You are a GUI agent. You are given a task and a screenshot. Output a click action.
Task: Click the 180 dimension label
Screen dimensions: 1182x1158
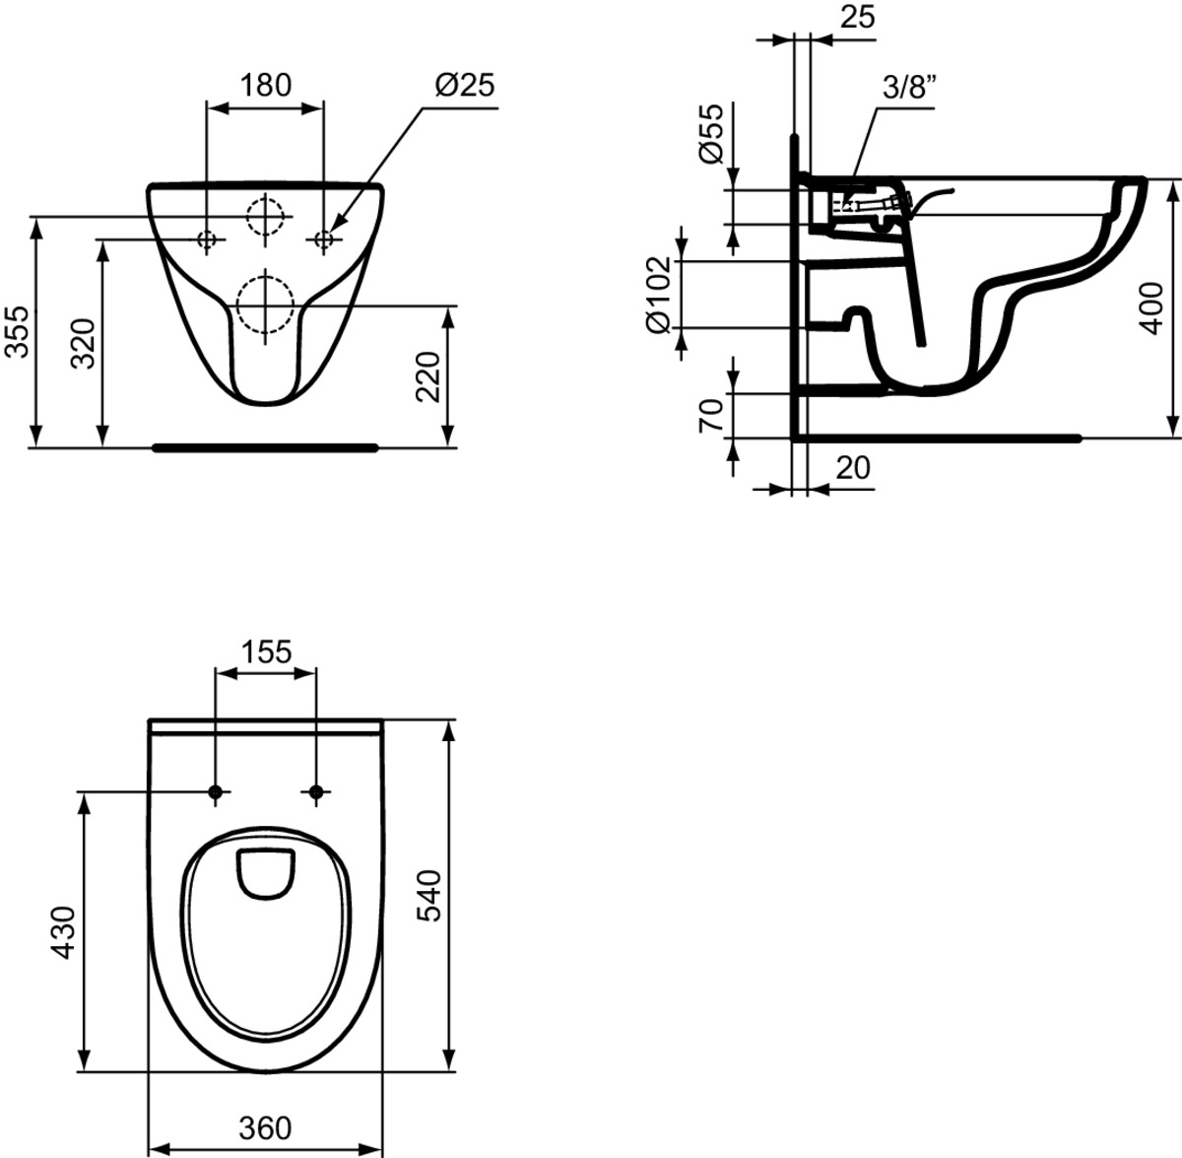[265, 86]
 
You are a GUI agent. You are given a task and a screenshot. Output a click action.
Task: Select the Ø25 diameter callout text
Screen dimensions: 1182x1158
[464, 86]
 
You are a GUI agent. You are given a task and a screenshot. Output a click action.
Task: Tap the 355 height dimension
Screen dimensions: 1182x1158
[17, 331]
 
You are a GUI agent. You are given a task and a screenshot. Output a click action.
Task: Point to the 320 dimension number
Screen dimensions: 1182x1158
[83, 343]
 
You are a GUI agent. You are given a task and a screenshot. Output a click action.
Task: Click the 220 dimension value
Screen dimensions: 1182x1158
[428, 376]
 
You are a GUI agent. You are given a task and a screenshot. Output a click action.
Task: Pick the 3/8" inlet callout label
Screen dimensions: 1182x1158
[909, 87]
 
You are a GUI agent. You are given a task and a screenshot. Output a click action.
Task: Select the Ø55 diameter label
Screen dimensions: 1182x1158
[712, 133]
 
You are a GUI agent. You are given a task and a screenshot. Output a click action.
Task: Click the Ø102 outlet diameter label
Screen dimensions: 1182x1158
[659, 294]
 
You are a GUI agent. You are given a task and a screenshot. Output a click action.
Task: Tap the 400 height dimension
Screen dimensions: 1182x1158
[1153, 308]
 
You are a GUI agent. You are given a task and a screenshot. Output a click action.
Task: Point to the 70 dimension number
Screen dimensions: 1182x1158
[711, 416]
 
